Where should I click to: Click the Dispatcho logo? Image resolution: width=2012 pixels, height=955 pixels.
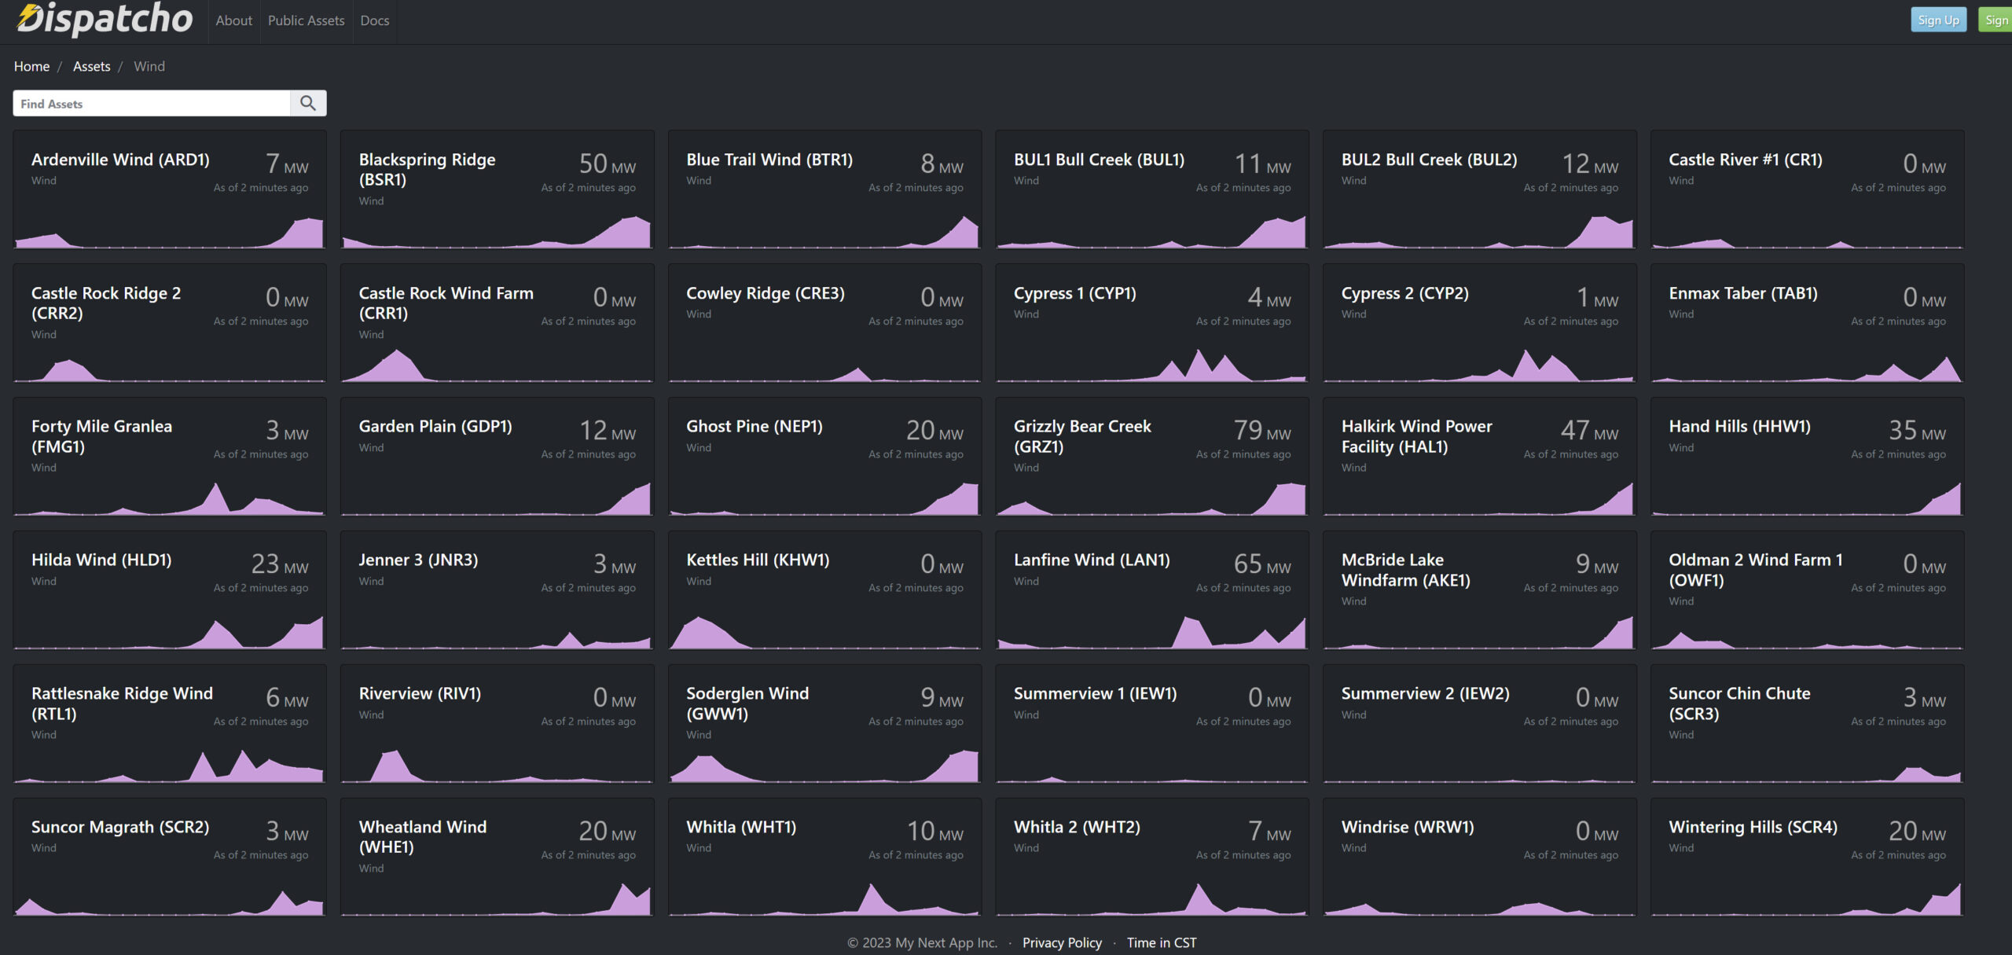point(105,19)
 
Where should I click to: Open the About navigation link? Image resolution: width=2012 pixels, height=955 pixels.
point(233,20)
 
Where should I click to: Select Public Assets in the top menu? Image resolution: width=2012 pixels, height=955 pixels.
point(306,20)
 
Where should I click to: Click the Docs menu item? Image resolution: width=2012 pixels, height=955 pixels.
point(374,20)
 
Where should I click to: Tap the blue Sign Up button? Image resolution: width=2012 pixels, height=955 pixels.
point(1937,20)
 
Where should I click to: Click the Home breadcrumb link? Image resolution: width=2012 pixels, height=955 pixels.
point(31,67)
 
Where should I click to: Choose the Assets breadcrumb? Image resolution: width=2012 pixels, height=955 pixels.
point(91,67)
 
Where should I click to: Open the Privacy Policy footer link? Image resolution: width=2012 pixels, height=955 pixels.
point(1061,942)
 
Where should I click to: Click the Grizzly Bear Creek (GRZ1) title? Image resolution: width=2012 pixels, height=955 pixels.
point(1081,436)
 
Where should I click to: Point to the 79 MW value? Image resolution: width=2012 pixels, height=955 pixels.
point(1261,431)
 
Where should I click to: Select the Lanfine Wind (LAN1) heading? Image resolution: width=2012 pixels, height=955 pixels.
point(1091,560)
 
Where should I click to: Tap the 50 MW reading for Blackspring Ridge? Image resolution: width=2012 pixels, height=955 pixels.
point(606,164)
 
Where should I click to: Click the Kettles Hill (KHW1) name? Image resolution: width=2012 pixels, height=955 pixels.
point(757,560)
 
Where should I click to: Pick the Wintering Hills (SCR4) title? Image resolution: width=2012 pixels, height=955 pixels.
point(1753,827)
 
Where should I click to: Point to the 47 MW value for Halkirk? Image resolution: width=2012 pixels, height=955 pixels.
point(1588,431)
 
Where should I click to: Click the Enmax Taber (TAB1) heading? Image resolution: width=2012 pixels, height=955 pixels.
point(1742,294)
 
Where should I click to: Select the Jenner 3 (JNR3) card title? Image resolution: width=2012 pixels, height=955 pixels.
point(418,560)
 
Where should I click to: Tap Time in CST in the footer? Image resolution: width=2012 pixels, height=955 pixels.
point(1161,942)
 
